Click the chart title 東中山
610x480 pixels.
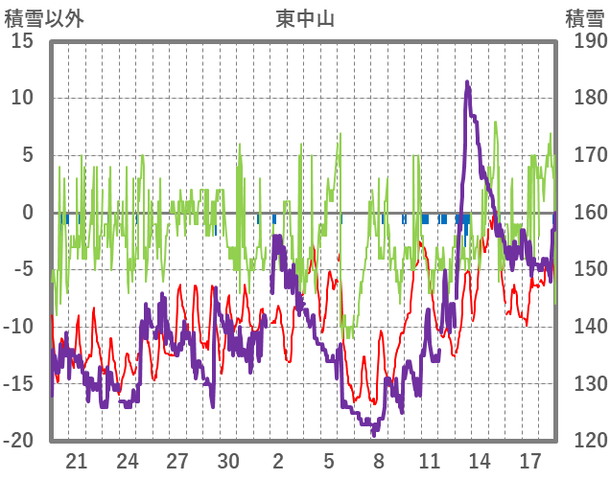[304, 17]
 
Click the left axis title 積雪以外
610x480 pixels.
[38, 17]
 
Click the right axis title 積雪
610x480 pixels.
[584, 17]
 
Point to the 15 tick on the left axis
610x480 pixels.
[22, 41]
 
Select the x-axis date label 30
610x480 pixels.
[227, 460]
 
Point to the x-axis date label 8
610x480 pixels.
[379, 460]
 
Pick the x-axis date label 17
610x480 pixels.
[529, 460]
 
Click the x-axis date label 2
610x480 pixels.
[278, 460]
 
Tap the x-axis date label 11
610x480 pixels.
[429, 460]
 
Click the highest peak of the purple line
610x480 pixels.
[467, 82]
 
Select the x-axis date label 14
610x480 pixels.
[480, 460]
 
